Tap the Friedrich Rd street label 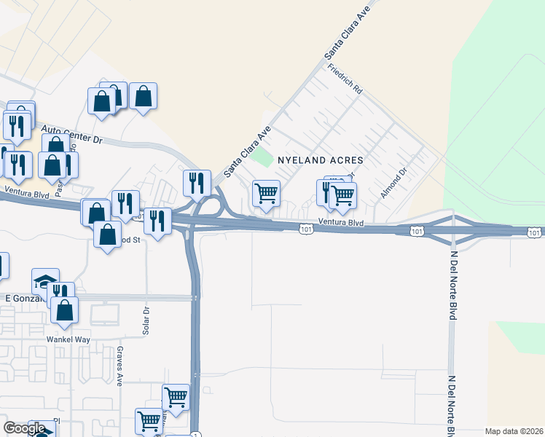pyautogui.click(x=345, y=79)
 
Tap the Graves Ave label pyautogui.click(x=119, y=366)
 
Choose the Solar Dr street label pyautogui.click(x=145, y=320)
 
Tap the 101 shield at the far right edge pyautogui.click(x=534, y=232)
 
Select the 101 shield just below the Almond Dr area pyautogui.click(x=415, y=232)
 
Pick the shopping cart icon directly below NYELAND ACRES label pyautogui.click(x=266, y=194)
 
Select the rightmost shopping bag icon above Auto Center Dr pyautogui.click(x=144, y=97)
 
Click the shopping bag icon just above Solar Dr pyautogui.click(x=107, y=235)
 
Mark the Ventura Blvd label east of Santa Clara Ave pyautogui.click(x=341, y=222)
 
